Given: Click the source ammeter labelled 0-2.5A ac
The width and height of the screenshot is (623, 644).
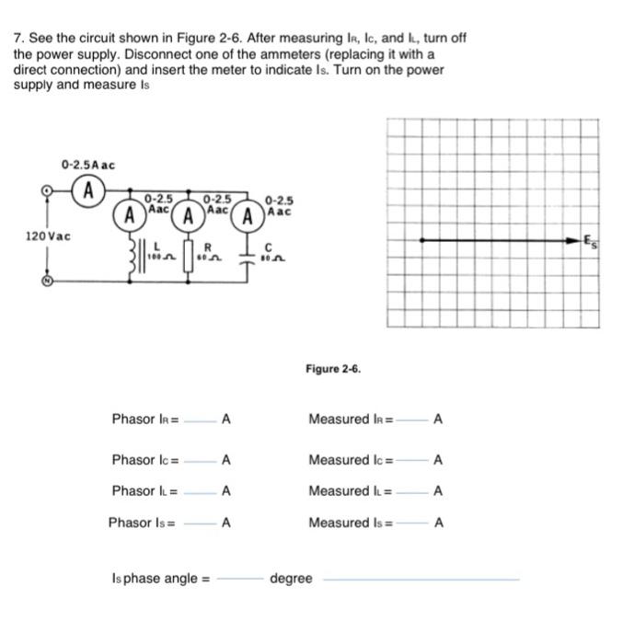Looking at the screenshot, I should coord(88,192).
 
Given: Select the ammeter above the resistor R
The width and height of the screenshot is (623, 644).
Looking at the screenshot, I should coord(189,217).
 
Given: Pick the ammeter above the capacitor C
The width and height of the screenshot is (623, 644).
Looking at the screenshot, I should coord(246,217).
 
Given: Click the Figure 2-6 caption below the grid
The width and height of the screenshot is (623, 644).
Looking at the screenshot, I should coord(333,369).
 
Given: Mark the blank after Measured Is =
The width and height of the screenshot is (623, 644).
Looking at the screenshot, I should coord(410,525).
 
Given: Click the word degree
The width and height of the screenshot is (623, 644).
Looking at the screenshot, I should coord(290,579).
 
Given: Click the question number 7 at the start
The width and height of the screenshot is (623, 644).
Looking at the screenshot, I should coord(17,38).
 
